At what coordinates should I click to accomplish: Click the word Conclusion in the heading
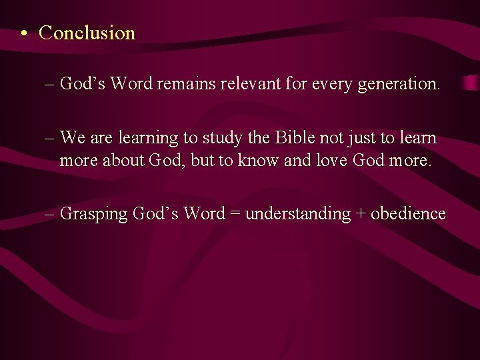[x=87, y=33]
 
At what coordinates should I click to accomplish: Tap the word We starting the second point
[x=72, y=138]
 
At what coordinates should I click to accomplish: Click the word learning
[x=149, y=139]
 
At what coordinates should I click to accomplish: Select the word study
[x=220, y=139]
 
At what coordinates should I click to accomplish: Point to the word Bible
[x=294, y=138]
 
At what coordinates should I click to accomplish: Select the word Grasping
[x=94, y=215]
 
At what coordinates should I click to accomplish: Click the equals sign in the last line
[x=235, y=214]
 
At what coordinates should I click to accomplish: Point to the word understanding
[x=298, y=215]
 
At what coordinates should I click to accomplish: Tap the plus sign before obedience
[x=361, y=214]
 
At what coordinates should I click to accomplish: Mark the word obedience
[x=408, y=214]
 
